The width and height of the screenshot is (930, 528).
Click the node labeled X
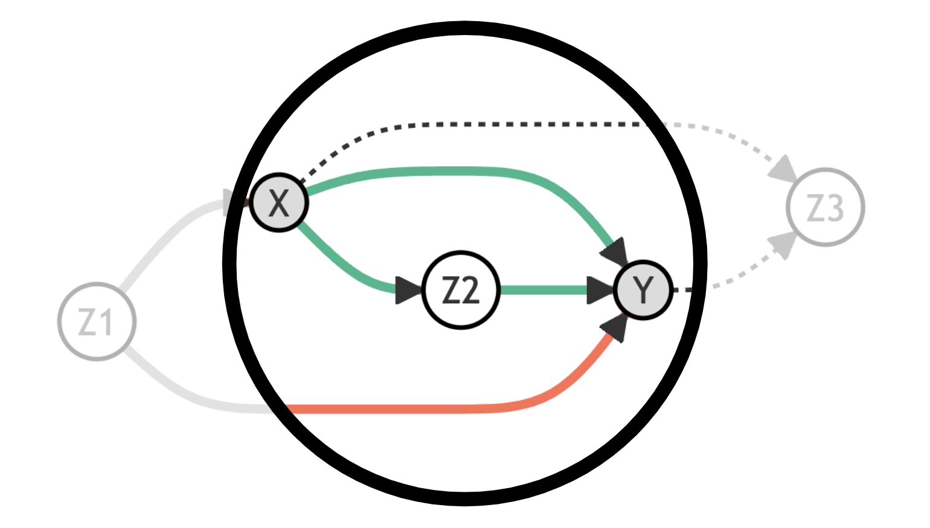[279, 203]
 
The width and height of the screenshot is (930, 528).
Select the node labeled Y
[643, 290]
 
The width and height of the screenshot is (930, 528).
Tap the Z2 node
[461, 290]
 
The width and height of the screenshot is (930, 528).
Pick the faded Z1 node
[97, 321]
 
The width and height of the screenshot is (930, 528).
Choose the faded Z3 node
[825, 207]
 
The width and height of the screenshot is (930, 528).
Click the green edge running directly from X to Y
[459, 171]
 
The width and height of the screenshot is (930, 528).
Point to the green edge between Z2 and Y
[544, 290]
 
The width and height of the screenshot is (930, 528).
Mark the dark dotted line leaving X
[483, 124]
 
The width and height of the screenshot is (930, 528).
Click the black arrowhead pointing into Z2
[409, 290]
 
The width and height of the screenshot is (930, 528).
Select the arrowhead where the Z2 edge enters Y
[600, 290]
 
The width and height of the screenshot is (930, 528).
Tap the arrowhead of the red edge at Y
[615, 326]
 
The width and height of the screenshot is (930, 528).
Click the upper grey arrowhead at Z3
[783, 169]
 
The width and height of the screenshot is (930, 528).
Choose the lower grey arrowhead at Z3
[783, 244]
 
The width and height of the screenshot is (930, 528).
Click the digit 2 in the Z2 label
[469, 291]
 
